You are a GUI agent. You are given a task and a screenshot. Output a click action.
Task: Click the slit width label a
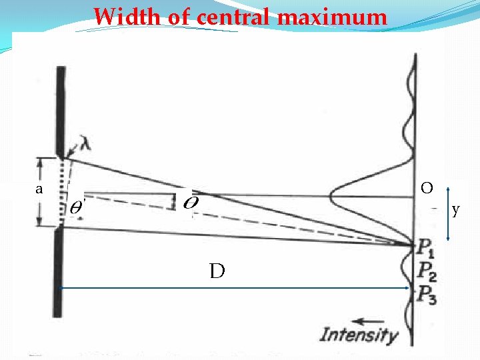point(39,189)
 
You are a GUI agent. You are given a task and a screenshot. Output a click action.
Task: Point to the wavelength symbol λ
point(85,143)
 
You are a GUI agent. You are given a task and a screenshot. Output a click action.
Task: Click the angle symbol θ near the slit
point(77,207)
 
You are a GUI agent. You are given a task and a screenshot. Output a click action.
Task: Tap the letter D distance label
point(217,271)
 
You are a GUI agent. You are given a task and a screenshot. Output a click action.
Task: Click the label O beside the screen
point(427,188)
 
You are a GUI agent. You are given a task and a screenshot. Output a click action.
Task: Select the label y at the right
point(456,210)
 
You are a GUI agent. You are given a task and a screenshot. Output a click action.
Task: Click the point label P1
point(427,249)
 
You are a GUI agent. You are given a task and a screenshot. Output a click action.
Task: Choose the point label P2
point(427,271)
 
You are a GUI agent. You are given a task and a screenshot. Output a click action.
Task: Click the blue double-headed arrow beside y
point(448,213)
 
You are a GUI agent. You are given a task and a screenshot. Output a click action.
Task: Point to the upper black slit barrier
point(61,110)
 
